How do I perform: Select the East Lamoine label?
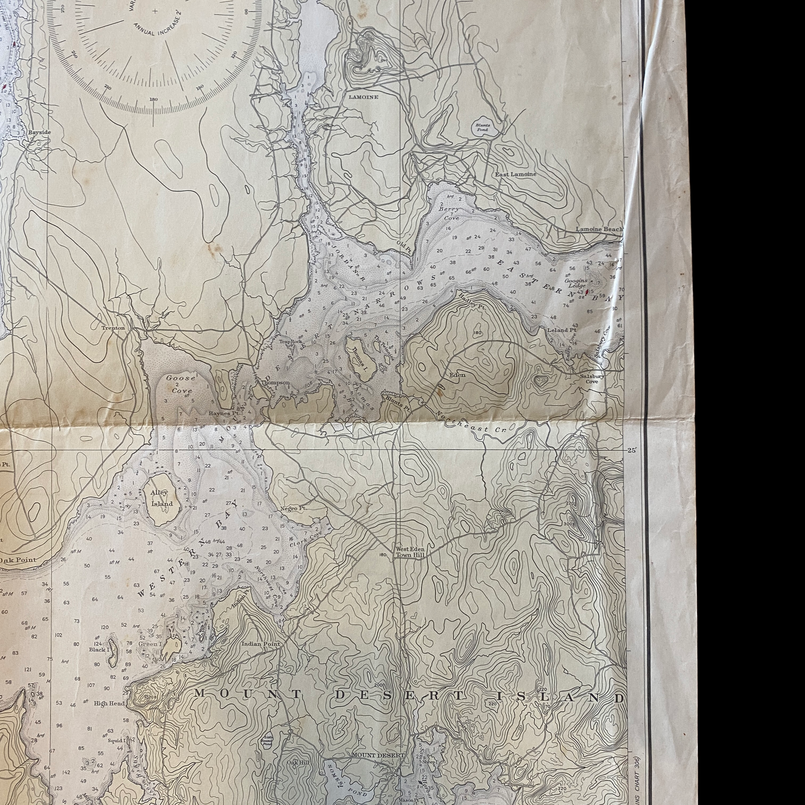(x=516, y=174)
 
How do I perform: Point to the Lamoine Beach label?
(x=599, y=229)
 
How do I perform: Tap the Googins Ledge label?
(x=576, y=283)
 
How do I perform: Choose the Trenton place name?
(x=113, y=328)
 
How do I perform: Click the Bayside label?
(x=40, y=132)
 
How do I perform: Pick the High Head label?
(x=109, y=703)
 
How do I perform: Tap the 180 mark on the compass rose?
(x=153, y=99)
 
